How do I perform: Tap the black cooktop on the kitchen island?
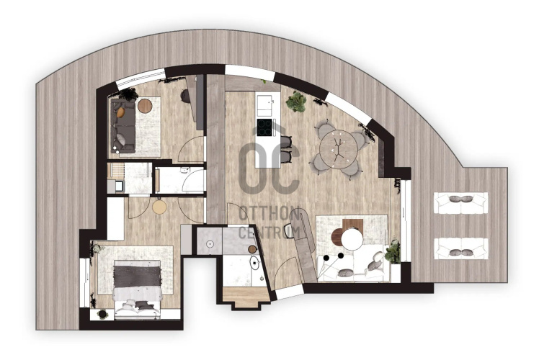click(x=264, y=127)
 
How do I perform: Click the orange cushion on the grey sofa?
click(x=120, y=112)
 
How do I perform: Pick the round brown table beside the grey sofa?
click(x=145, y=106)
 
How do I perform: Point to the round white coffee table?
click(x=352, y=240)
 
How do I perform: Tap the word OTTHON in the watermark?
click(x=269, y=214)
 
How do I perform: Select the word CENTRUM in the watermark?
click(x=269, y=233)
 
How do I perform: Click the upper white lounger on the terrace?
click(x=461, y=202)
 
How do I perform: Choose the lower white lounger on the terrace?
click(x=461, y=248)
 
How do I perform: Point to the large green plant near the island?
click(x=296, y=102)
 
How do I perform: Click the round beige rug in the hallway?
click(x=159, y=207)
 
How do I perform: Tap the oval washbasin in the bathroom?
click(x=254, y=263)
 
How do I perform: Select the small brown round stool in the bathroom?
click(x=252, y=249)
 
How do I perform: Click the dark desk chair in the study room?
click(x=185, y=96)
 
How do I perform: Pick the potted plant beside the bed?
click(x=102, y=314)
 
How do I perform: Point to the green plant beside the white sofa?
click(x=393, y=251)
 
